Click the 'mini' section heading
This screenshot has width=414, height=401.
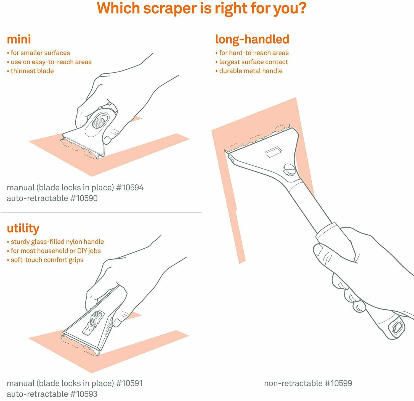point(19,39)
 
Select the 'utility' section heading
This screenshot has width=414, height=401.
point(23,228)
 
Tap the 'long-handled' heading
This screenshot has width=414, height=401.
point(252,39)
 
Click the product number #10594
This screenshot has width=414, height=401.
point(130,188)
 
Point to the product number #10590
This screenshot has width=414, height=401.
point(84,198)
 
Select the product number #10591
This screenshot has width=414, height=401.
point(129,383)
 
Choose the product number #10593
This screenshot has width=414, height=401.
point(84,394)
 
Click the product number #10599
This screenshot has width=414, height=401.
point(338,383)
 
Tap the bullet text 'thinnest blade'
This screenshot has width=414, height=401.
point(32,71)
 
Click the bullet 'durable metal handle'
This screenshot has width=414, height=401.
point(251,71)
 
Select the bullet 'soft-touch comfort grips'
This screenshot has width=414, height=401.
point(47,260)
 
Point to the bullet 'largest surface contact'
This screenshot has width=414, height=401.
point(253,62)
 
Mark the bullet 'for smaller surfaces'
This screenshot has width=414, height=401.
point(40,53)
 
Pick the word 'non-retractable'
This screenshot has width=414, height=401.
point(293,383)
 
